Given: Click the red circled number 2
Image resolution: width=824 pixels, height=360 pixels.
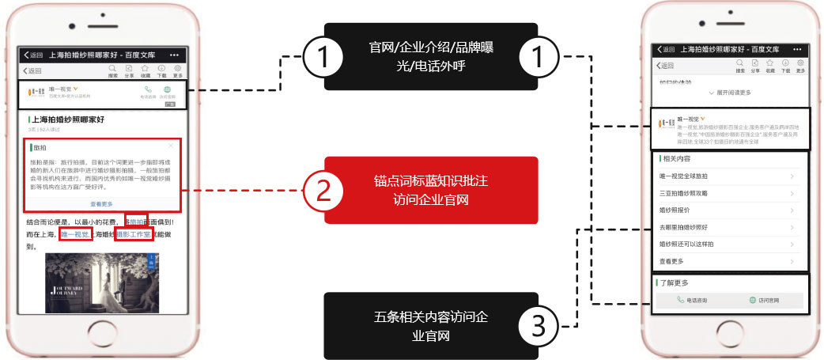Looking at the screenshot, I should (323, 190).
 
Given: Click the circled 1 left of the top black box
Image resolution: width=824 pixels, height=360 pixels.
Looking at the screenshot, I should (323, 56).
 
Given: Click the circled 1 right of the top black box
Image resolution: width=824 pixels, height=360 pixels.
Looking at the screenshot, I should (538, 56).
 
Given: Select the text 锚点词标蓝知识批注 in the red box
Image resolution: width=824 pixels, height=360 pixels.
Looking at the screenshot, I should (430, 181).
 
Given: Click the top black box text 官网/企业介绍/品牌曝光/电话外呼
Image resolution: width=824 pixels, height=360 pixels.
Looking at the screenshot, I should (430, 56).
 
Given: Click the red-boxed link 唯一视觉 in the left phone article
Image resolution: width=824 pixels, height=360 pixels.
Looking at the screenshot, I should (76, 234).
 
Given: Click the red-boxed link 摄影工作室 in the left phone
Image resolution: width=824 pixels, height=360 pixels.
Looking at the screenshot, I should (133, 234).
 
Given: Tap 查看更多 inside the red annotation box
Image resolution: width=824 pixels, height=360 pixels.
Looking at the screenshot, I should (104, 203).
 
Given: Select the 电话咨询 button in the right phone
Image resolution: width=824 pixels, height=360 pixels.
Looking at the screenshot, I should (692, 301).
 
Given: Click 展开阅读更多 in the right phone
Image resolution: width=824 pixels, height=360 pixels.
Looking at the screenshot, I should (729, 93).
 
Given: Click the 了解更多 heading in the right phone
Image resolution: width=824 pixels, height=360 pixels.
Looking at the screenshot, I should (675, 282).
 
